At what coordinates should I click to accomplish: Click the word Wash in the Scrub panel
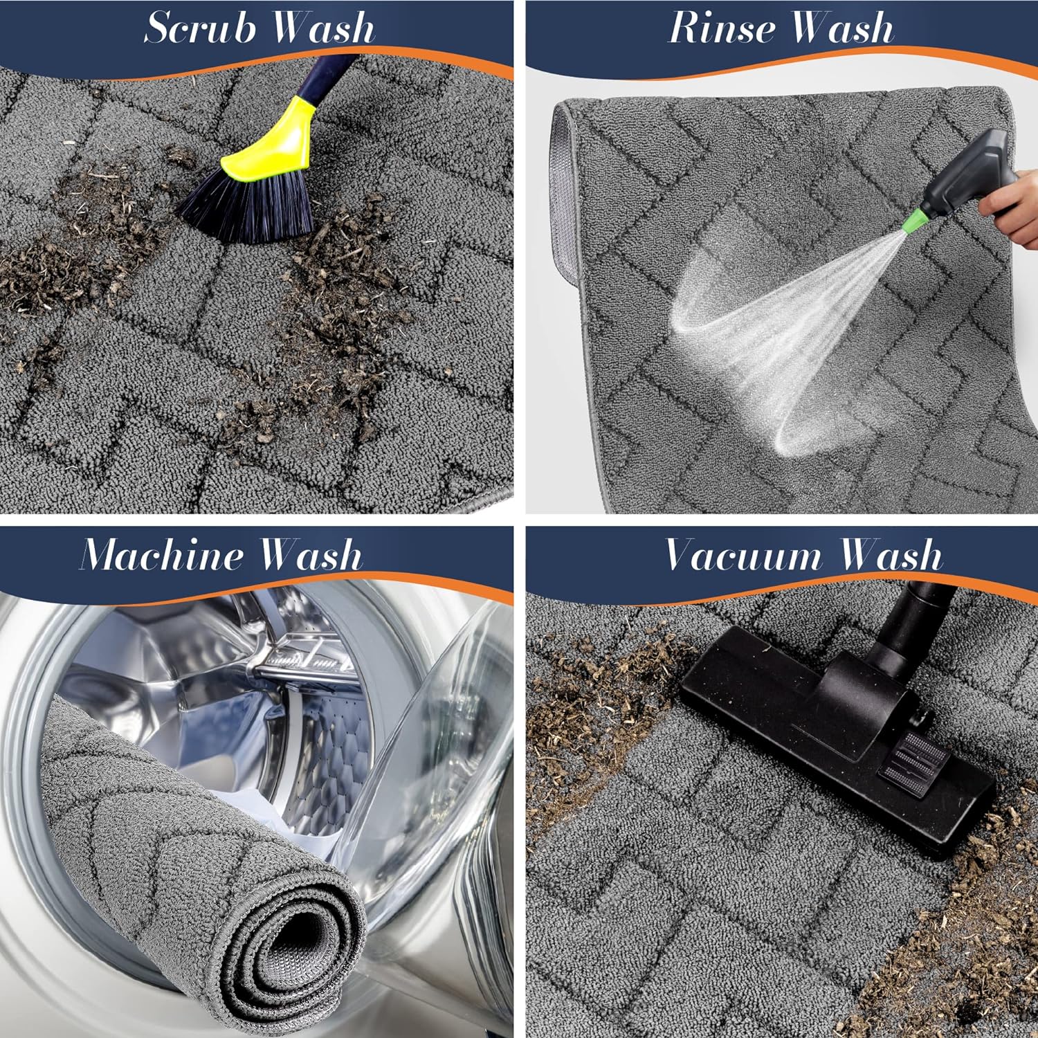coord(322,28)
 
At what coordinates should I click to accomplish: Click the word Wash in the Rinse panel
coord(842,28)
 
